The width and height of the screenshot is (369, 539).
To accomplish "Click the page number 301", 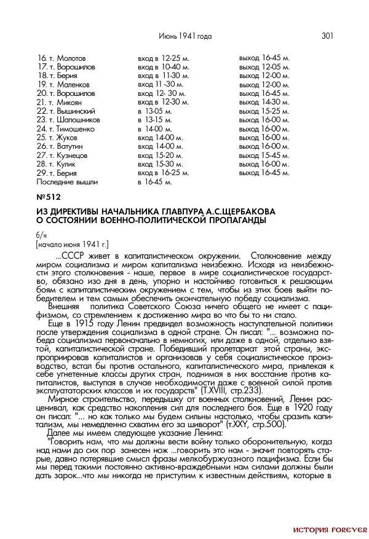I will tap(327, 36).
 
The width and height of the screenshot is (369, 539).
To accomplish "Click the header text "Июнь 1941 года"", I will tap(185, 36).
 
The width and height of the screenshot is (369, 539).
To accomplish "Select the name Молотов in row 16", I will tap(71, 58).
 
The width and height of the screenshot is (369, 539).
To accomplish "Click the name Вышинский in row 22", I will tap(76, 111).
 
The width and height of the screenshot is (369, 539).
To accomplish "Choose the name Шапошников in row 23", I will tap(78, 120).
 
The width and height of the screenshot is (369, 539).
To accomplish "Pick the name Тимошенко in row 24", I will tap(77, 129).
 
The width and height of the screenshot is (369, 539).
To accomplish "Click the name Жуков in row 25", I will tap(67, 138).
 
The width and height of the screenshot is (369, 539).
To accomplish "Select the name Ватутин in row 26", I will tap(70, 147).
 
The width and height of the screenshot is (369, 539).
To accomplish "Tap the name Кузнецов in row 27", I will tap(72, 155).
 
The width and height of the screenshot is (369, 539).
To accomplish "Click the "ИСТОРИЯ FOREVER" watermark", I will tap(330, 529).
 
